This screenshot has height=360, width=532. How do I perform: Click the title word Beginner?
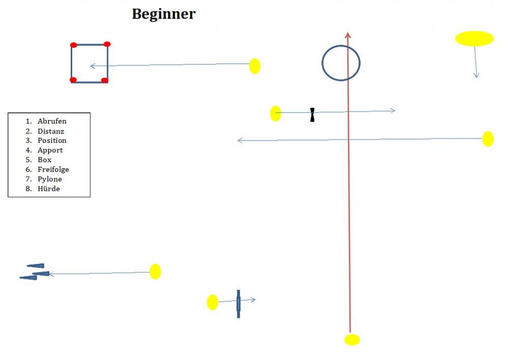(164, 14)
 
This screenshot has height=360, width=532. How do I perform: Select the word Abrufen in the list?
(52, 121)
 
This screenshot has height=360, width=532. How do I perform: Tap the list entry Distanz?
(51, 131)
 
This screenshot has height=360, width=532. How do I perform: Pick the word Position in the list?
(52, 141)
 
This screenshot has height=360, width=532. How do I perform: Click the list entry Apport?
(50, 150)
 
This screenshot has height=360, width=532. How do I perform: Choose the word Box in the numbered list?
(45, 160)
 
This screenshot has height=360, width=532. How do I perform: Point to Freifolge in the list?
(53, 169)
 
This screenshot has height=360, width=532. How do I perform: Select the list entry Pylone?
(50, 179)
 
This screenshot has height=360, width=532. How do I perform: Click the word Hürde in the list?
(49, 189)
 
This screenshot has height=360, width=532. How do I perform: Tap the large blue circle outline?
(341, 46)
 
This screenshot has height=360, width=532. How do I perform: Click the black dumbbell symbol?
(312, 115)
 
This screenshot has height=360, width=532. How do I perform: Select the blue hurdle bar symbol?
(238, 303)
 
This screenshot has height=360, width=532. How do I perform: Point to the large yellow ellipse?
(474, 38)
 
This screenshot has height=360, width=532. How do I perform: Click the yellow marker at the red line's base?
(352, 340)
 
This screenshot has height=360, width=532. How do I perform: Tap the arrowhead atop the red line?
(348, 35)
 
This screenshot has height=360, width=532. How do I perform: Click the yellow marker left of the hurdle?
(212, 302)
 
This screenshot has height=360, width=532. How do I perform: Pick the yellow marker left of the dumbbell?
(276, 114)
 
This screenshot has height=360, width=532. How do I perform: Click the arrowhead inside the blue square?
(92, 66)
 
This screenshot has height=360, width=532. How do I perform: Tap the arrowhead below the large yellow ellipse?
(476, 75)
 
